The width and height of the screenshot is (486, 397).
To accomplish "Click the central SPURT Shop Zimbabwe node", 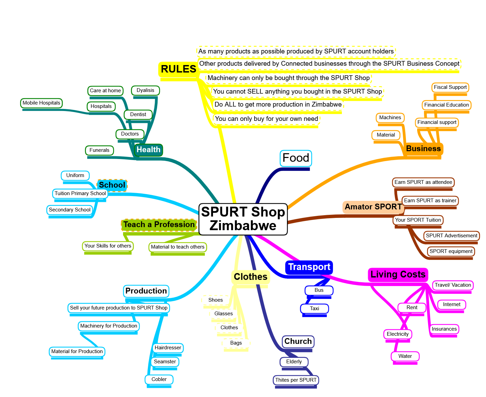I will (243, 219).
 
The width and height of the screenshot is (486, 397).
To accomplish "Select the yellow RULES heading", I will (178, 69).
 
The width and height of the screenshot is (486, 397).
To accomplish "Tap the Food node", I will (296, 158).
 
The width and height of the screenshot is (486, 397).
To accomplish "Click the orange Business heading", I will (423, 148).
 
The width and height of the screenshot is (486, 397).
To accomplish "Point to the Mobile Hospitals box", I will (41, 103).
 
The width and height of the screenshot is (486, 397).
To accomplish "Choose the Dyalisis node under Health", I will (146, 90).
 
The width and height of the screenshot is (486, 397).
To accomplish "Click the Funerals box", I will (100, 150).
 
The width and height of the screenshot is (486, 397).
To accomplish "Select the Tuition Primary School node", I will (80, 193).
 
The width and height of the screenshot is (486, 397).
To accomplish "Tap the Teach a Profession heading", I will (159, 225).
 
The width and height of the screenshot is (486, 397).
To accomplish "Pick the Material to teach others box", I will (178, 247).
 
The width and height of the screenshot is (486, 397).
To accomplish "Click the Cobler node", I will (159, 379).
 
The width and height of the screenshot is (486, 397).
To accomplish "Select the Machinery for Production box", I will (109, 326).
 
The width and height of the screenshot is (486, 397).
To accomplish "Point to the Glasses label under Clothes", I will (224, 314).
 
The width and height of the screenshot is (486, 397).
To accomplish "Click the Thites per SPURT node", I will (296, 380).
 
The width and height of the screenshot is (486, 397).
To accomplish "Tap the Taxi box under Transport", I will (315, 308).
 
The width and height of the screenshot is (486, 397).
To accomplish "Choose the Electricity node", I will (397, 334).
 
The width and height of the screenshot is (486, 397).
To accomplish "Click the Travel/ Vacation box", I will (453, 285).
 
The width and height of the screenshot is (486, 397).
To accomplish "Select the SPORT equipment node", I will (451, 251).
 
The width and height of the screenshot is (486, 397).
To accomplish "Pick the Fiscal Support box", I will (450, 87).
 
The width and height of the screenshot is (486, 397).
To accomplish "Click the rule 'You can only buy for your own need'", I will (267, 119).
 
